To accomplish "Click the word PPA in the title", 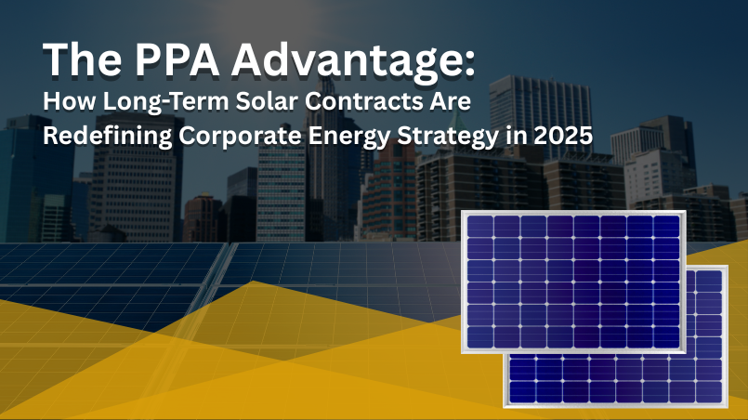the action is pos(177,59).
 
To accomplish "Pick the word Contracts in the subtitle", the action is pos(367,101).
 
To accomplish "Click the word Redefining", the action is pos(108,137).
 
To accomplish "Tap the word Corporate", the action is pos(241,137).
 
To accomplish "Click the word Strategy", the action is pos(448,138).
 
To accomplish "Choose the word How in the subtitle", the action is pos(70,101).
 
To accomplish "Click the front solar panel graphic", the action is pos(573,282).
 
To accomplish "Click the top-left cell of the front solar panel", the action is pos(480,226).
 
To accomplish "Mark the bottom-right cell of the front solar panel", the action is pos(666,337).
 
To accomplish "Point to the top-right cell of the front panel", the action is pos(666,226).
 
